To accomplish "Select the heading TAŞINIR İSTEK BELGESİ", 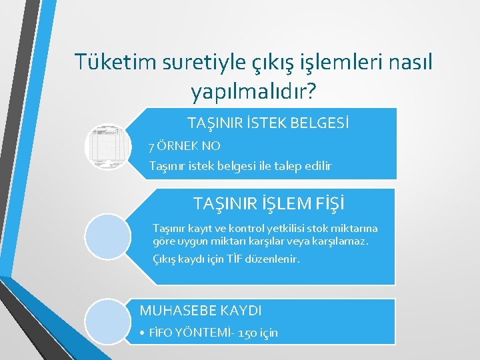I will [x=269, y=123].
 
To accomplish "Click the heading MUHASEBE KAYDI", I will [x=201, y=310].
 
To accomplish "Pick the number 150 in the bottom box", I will [x=247, y=333].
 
